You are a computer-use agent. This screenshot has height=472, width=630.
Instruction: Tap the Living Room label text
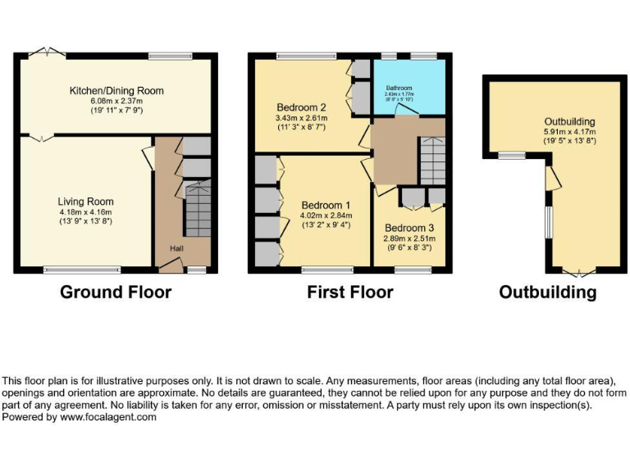85,201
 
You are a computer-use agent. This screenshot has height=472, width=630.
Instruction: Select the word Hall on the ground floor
177,248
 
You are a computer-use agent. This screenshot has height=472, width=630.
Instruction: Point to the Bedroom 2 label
301,107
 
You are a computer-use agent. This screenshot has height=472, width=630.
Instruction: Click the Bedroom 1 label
326,205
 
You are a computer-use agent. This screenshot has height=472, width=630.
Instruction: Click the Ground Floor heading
116,292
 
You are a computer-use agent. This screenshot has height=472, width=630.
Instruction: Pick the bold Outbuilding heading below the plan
547,293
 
